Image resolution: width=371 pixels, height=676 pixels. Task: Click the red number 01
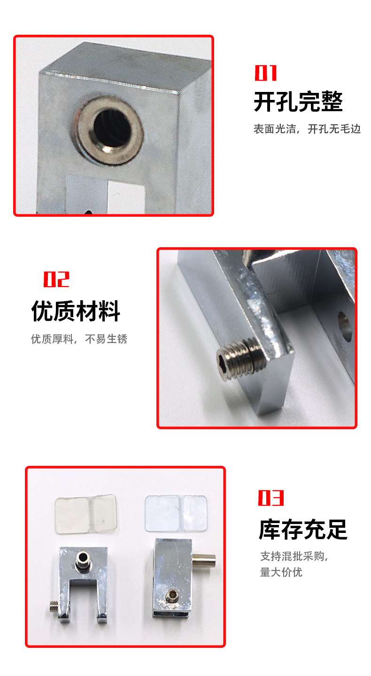pos(266,73)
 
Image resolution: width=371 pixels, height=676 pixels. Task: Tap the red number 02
pos(56,279)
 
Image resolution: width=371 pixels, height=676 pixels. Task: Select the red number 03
pos(271,498)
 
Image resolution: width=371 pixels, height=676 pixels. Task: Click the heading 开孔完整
pos(298,102)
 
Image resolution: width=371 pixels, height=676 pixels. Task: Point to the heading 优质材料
pos(76,311)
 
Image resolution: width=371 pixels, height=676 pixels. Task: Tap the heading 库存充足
pos(303,529)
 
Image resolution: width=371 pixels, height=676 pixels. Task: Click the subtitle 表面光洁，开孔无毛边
pos(307,129)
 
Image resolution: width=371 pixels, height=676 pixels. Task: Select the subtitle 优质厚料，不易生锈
pos(79,339)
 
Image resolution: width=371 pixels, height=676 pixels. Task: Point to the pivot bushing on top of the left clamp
pos(83,560)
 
